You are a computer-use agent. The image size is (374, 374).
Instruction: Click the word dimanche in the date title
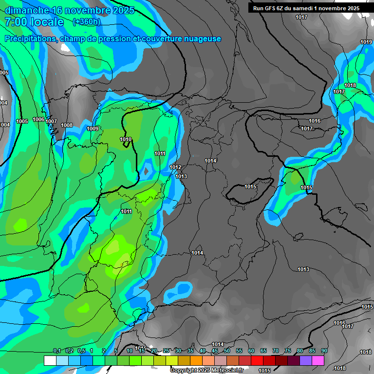pyautogui.click(x=26, y=10)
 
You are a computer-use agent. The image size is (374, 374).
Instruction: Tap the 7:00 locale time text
pyautogui.click(x=34, y=22)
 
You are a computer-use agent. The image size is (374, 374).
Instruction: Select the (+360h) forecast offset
pyautogui.click(x=86, y=22)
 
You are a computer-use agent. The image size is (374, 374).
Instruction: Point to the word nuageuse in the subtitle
pyautogui.click(x=202, y=39)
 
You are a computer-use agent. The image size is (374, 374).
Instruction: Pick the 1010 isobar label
pyautogui.click(x=126, y=140)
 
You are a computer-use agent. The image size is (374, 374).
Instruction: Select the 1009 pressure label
pyautogui.click(x=93, y=129)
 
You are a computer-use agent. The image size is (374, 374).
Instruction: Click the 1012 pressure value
pyautogui.click(x=176, y=168)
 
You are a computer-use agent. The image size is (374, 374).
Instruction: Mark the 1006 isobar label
pyautogui.click(x=38, y=120)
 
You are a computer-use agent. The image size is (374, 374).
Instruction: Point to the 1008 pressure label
pyautogui.click(x=67, y=126)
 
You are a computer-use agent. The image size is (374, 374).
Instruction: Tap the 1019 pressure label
pyautogui.click(x=366, y=42)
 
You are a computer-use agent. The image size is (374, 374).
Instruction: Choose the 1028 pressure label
pyautogui.click(x=366, y=353)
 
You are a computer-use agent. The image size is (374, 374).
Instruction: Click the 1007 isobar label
pyautogui.click(x=51, y=122)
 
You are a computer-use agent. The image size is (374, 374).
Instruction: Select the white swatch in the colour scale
pyautogui.click(x=50, y=360)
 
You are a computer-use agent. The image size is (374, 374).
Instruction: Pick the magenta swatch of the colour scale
pyautogui.click(x=318, y=360)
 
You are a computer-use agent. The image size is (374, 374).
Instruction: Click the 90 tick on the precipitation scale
pyautogui.click(x=324, y=351)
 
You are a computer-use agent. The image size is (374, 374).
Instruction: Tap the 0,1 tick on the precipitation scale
pyautogui.click(x=57, y=351)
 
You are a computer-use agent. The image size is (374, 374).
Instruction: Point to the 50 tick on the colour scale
pyautogui.click(x=227, y=351)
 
